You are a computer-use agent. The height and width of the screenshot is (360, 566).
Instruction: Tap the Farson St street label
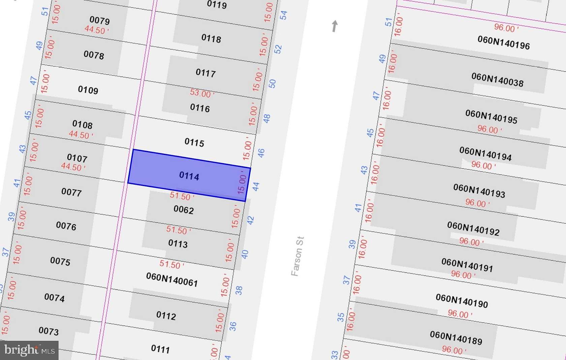pyautogui.click(x=297, y=256)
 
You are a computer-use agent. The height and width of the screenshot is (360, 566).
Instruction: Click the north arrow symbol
pyautogui.click(x=334, y=26)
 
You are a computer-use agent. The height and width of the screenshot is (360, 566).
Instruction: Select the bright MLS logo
pyautogui.click(x=29, y=350)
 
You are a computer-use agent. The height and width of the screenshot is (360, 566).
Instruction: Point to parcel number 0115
pyautogui.click(x=194, y=143)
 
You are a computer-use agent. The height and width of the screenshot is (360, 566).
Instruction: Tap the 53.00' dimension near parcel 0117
pyautogui.click(x=201, y=93)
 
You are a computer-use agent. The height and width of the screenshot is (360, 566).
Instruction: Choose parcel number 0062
pyautogui.click(x=184, y=210)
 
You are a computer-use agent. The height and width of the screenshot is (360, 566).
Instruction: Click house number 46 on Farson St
pyautogui.click(x=261, y=153)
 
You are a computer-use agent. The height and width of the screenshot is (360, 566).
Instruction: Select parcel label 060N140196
pyautogui.click(x=504, y=42)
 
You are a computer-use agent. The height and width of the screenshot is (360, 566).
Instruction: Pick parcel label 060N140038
pyautogui.click(x=497, y=80)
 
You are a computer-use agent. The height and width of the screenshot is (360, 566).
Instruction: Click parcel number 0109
pyautogui.click(x=88, y=90)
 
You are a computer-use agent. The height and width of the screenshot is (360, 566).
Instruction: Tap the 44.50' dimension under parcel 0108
pyautogui.click(x=81, y=135)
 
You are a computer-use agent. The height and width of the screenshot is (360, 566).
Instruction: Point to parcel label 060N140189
pyautogui.click(x=456, y=337)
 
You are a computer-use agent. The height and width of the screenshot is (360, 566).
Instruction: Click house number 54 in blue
pyautogui.click(x=284, y=15)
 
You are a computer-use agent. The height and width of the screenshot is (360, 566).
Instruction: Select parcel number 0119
pyautogui.click(x=217, y=4)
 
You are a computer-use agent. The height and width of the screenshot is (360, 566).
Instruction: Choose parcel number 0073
pyautogui.click(x=49, y=331)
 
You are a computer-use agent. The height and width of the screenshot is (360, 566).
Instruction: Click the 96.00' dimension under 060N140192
pyautogui.click(x=471, y=242)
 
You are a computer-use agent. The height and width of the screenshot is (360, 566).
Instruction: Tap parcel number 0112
pyautogui.click(x=166, y=316)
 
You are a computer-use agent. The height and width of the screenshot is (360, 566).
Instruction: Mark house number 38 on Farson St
pyautogui.click(x=239, y=290)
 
